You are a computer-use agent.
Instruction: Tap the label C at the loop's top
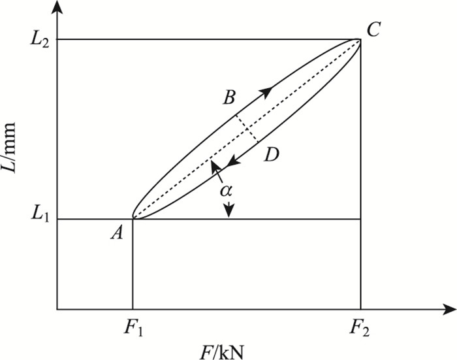coord(373,29)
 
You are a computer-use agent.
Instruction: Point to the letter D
coord(272,155)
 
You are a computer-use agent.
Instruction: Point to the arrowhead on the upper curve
coord(266,91)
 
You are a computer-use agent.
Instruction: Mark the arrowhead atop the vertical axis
coord(57,8)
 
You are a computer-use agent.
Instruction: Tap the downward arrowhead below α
coord(228,211)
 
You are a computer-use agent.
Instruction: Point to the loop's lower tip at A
coord(133,218)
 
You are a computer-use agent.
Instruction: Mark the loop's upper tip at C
coord(360,41)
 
